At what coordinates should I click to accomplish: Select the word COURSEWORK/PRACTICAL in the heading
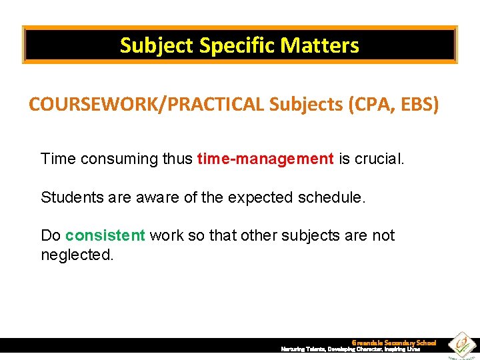tap(147, 105)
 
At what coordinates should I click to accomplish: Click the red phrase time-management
tap(265, 159)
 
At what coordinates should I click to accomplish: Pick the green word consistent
tap(105, 235)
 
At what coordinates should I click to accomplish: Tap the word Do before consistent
tap(51, 235)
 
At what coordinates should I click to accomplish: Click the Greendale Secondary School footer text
tap(393, 343)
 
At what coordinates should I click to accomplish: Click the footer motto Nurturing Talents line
tap(350, 349)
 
